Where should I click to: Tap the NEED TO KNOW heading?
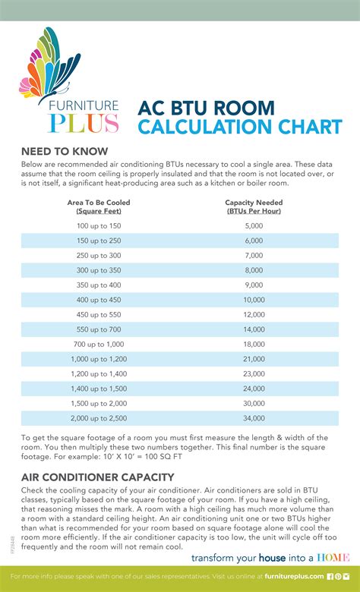click(x=64, y=151)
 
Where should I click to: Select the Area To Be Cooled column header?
click(x=99, y=207)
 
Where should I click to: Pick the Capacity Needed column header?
click(x=254, y=207)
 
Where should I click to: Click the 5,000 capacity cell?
click(x=254, y=225)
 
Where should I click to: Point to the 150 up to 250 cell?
click(x=99, y=240)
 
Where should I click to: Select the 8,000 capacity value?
click(x=254, y=269)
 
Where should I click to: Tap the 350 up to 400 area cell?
click(x=99, y=285)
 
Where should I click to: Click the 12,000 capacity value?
click(x=254, y=314)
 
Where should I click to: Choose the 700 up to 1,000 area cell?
click(x=99, y=344)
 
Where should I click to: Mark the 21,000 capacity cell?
click(x=254, y=358)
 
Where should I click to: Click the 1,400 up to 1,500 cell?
click(x=99, y=388)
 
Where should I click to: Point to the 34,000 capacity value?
click(x=254, y=417)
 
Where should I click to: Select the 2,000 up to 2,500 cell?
click(x=99, y=417)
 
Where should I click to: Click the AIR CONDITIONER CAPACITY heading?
click(x=97, y=477)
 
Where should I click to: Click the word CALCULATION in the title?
click(x=205, y=127)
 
